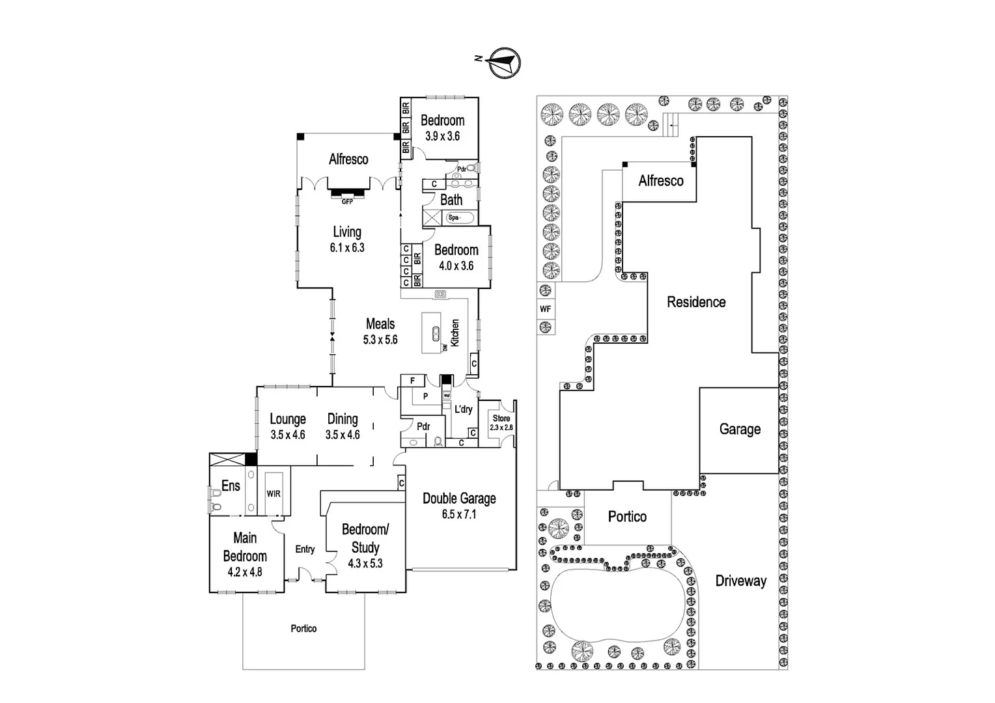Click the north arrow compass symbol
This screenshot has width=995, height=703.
point(504,63)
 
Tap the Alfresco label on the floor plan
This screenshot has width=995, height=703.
point(348,159)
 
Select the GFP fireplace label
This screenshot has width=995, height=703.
point(347,202)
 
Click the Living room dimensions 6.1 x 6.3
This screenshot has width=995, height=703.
point(347,248)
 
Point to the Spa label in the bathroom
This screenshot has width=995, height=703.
point(454,217)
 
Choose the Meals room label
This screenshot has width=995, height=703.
point(380,324)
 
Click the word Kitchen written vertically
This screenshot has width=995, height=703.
point(455,333)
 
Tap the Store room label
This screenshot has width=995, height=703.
point(501,419)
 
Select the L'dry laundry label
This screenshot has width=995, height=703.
point(463,409)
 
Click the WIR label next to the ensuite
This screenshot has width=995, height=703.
point(273,493)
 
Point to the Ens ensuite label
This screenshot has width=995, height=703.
point(231,486)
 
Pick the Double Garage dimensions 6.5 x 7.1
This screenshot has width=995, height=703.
point(459,514)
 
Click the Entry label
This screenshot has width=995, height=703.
point(305,549)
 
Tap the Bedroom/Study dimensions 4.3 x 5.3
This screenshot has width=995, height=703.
point(365,564)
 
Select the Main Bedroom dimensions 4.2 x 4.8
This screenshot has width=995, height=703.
point(245,572)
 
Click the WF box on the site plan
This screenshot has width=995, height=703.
point(545,309)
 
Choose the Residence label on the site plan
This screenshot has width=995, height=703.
point(696,302)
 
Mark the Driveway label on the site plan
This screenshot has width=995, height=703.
point(741,581)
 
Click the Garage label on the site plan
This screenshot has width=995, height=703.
point(740,429)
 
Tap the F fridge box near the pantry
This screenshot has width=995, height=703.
point(412,381)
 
